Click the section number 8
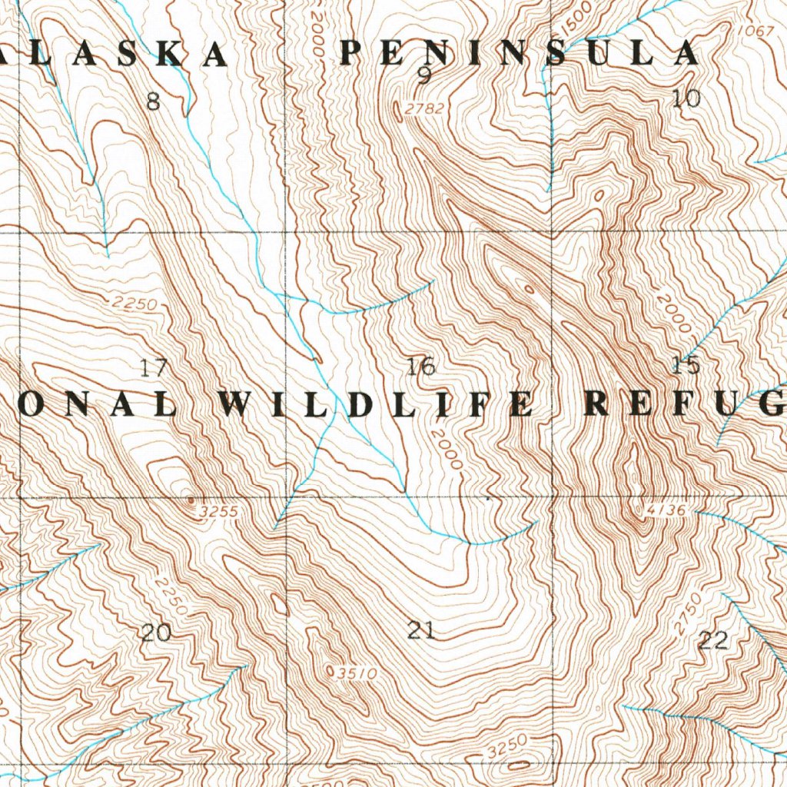click(x=153, y=101)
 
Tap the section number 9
click(x=424, y=75)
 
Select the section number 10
click(x=686, y=98)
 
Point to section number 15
click(x=686, y=366)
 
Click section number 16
click(x=421, y=367)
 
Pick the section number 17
click(x=154, y=368)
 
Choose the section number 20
click(x=156, y=633)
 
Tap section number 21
click(x=421, y=632)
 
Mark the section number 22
click(x=713, y=640)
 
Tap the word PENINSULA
click(x=520, y=53)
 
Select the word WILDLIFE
click(x=376, y=404)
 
